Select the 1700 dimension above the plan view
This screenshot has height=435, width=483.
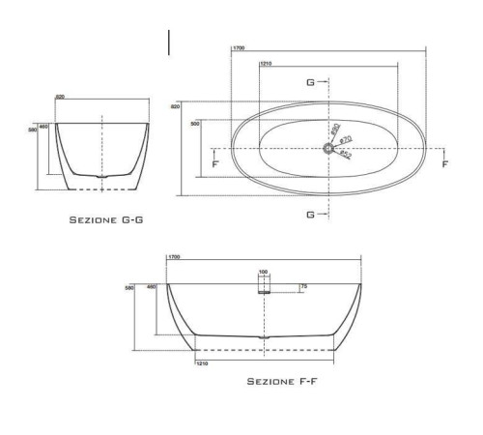(x=238, y=48)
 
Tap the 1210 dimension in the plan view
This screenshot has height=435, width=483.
(x=268, y=66)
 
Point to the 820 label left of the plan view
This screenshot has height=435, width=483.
(x=175, y=106)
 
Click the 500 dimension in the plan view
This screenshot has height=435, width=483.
(x=195, y=124)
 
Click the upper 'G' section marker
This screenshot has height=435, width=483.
(x=310, y=82)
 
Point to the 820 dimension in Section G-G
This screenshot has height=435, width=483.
(x=60, y=98)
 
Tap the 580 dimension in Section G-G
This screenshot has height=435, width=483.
(x=33, y=129)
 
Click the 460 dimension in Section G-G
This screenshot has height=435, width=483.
(x=43, y=126)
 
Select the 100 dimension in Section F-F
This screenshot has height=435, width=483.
(x=263, y=273)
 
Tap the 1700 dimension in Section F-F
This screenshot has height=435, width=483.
(x=175, y=257)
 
